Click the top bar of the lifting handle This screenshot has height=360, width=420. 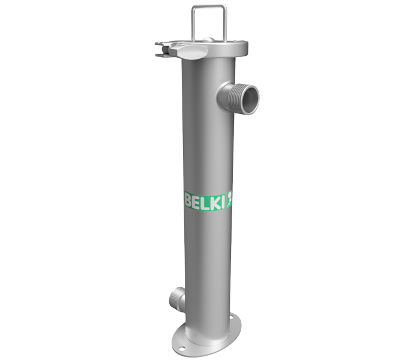(x=209, y=7)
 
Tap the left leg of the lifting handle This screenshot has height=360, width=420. (x=193, y=24)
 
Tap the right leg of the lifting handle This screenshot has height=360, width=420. (x=225, y=24)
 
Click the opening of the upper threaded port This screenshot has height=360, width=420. (x=248, y=96)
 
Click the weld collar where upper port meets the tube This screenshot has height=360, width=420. (x=221, y=95)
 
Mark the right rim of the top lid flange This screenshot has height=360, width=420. (x=244, y=46)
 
